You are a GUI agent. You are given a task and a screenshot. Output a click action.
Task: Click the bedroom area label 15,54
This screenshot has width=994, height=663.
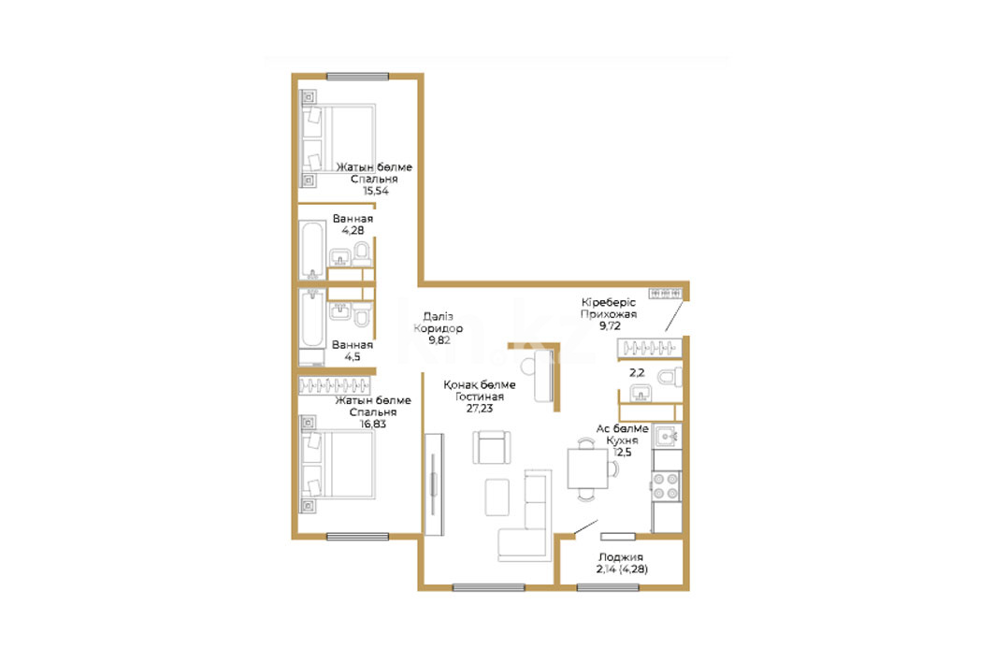(375, 191)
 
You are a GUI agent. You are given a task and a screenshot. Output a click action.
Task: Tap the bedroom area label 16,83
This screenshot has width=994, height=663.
(373, 424)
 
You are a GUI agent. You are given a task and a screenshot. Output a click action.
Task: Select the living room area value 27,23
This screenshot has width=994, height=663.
(480, 409)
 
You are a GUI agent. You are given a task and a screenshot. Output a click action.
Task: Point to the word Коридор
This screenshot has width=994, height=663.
(438, 328)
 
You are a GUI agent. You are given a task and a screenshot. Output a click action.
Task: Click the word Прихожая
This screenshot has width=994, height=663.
(609, 314)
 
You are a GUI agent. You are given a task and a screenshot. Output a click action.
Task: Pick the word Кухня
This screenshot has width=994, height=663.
(622, 440)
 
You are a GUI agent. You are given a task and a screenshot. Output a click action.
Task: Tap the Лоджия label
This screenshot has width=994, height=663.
(621, 557)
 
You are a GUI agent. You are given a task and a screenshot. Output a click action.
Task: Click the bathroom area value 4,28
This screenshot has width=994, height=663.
(353, 231)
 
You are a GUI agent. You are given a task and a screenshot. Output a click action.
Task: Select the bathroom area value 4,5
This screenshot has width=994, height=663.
(353, 357)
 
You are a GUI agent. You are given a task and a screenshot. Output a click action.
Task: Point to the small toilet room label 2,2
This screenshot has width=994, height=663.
(637, 373)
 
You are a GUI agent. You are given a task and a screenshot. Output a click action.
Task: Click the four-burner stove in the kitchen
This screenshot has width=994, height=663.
(667, 486)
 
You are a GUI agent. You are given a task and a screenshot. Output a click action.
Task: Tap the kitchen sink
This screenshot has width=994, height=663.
(667, 437)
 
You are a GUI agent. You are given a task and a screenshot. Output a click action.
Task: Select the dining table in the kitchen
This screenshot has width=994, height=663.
(587, 468)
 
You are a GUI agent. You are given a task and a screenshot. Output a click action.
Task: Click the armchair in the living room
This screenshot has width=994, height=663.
(491, 447)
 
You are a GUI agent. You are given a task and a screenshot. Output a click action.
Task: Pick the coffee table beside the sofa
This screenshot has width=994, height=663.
(497, 497)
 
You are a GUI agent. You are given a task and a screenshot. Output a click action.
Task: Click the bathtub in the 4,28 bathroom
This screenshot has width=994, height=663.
(312, 250)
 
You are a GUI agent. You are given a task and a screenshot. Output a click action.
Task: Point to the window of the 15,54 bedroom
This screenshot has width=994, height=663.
(357, 77)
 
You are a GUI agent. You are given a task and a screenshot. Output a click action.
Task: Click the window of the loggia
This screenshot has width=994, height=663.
(607, 587)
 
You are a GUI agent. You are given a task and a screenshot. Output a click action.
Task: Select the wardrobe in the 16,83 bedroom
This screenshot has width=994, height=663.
(335, 385)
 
